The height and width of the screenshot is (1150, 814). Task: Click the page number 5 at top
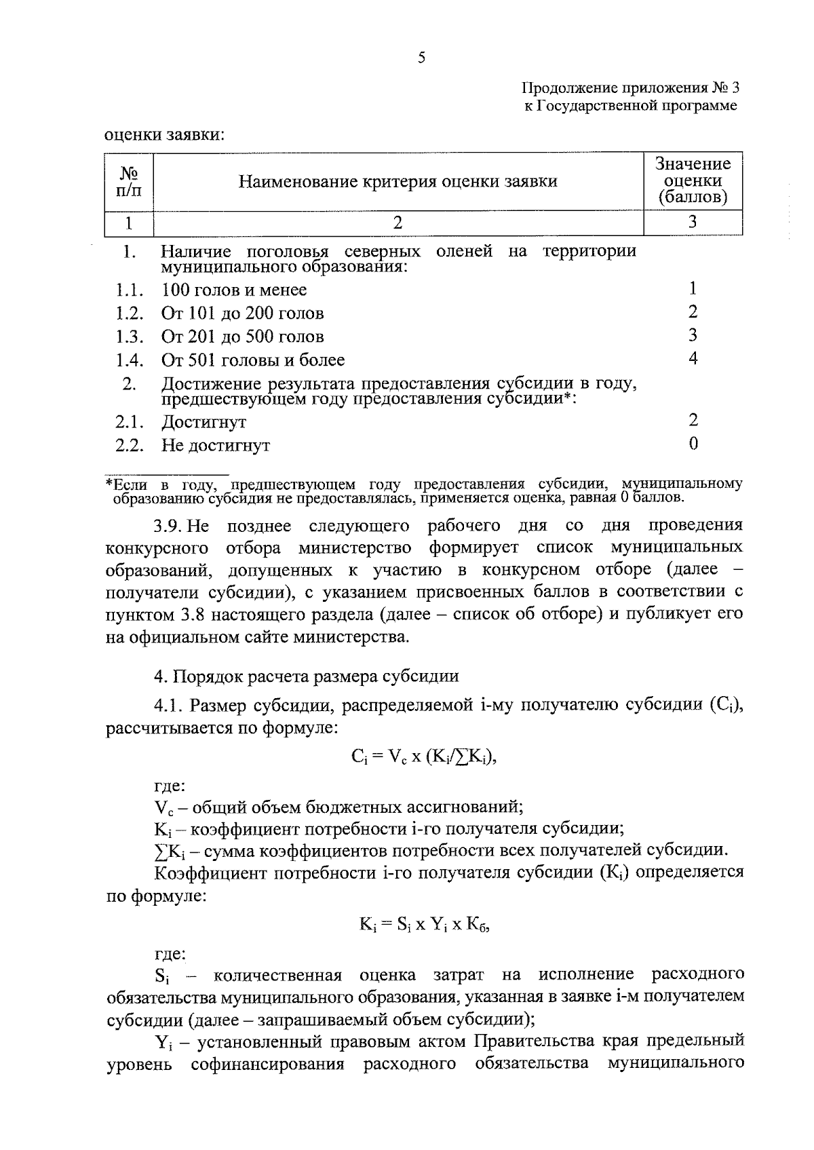(x=421, y=58)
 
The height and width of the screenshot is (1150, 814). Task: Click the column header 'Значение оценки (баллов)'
(x=693, y=181)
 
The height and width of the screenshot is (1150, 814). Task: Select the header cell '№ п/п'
(x=129, y=181)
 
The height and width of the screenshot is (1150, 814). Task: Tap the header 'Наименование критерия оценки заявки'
(x=398, y=182)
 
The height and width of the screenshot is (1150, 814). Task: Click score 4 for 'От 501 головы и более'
(x=693, y=358)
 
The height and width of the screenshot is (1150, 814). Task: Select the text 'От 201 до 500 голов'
(x=242, y=337)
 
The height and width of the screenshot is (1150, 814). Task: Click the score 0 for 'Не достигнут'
(x=693, y=444)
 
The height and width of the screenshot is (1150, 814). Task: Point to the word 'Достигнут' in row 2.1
(x=203, y=422)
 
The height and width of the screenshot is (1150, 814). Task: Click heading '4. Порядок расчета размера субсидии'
(x=307, y=676)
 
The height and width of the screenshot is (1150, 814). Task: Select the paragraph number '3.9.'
(x=168, y=526)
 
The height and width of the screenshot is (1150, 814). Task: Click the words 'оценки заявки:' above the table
(x=164, y=135)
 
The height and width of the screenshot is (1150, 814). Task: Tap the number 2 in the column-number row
(x=398, y=223)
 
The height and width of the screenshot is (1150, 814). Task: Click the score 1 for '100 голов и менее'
(x=693, y=289)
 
